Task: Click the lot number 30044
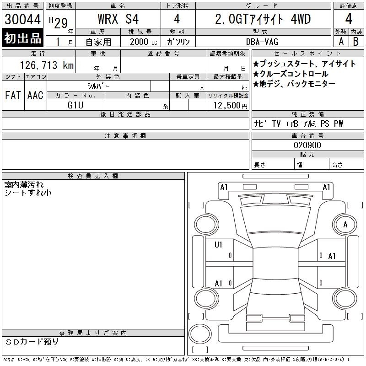[x=22, y=19]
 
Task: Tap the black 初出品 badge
[x=22, y=38]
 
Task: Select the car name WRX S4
[x=118, y=19]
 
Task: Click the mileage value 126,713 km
[x=47, y=65]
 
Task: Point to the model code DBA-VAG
[x=262, y=42]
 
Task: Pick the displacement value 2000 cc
[x=143, y=42]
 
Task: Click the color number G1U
[x=75, y=105]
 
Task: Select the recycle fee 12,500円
[x=231, y=106]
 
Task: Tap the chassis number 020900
[x=307, y=145]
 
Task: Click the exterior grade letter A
[x=341, y=42]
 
